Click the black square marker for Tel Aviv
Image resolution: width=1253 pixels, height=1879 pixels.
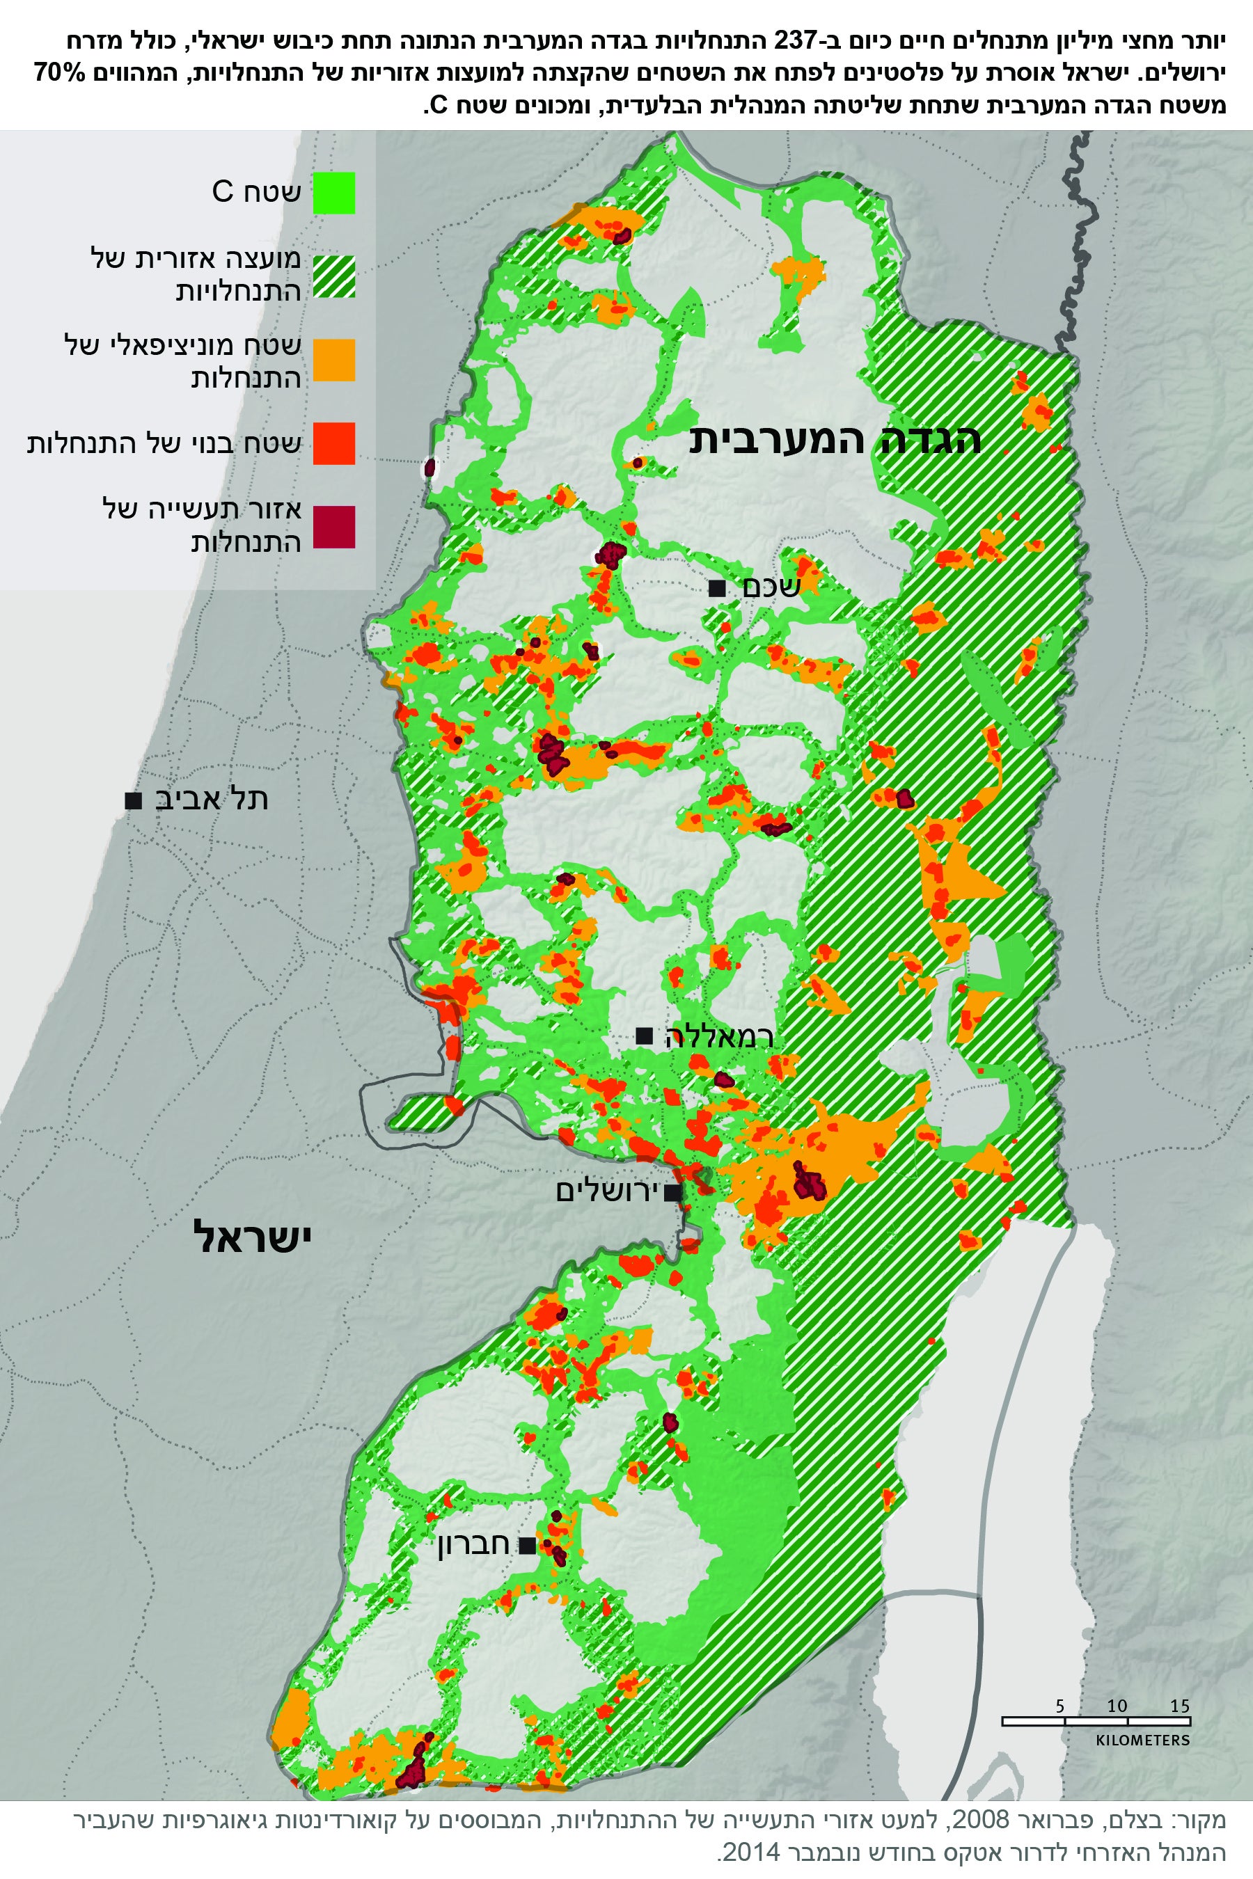click(x=134, y=800)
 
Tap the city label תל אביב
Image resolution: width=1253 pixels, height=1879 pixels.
click(x=211, y=799)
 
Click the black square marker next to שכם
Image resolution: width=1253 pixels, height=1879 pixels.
click(x=717, y=589)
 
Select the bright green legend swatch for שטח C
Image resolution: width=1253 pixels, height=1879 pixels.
click(x=333, y=193)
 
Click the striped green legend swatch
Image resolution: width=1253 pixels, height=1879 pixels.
click(x=333, y=276)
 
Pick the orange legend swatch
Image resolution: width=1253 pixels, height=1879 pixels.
click(x=333, y=360)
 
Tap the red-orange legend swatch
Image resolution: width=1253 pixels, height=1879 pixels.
click(x=333, y=443)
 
